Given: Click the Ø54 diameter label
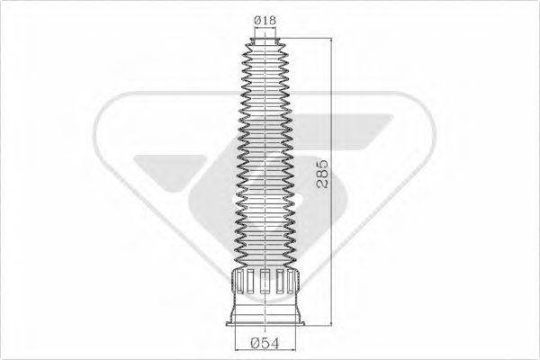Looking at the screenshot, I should [266, 343].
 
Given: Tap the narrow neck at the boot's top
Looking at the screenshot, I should [266, 37].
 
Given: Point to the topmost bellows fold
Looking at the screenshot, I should [266, 45].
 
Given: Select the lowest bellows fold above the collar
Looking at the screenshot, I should [266, 260].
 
